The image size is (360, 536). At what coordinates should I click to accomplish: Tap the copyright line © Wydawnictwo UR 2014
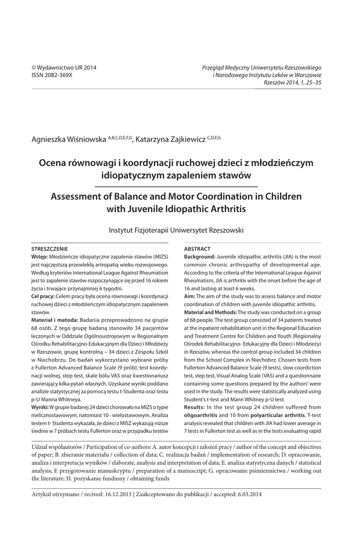[x=64, y=68]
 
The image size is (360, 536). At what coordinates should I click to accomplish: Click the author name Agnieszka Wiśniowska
[x=69, y=139]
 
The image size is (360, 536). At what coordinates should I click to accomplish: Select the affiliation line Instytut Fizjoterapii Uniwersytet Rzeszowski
[x=176, y=230]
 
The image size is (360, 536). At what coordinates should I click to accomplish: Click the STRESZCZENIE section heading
[x=51, y=249]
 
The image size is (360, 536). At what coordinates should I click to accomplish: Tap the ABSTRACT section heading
[x=198, y=249]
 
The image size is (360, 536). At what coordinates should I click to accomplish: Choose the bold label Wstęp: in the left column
[x=40, y=257]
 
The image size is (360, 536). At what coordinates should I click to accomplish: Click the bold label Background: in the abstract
[x=200, y=257]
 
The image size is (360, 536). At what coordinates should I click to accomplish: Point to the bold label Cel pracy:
[x=44, y=297]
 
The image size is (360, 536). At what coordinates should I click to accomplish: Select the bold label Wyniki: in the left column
[x=40, y=407]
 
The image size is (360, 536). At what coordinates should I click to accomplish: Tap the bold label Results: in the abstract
[x=197, y=407]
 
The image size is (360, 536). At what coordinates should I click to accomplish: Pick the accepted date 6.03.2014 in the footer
[x=246, y=494]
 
